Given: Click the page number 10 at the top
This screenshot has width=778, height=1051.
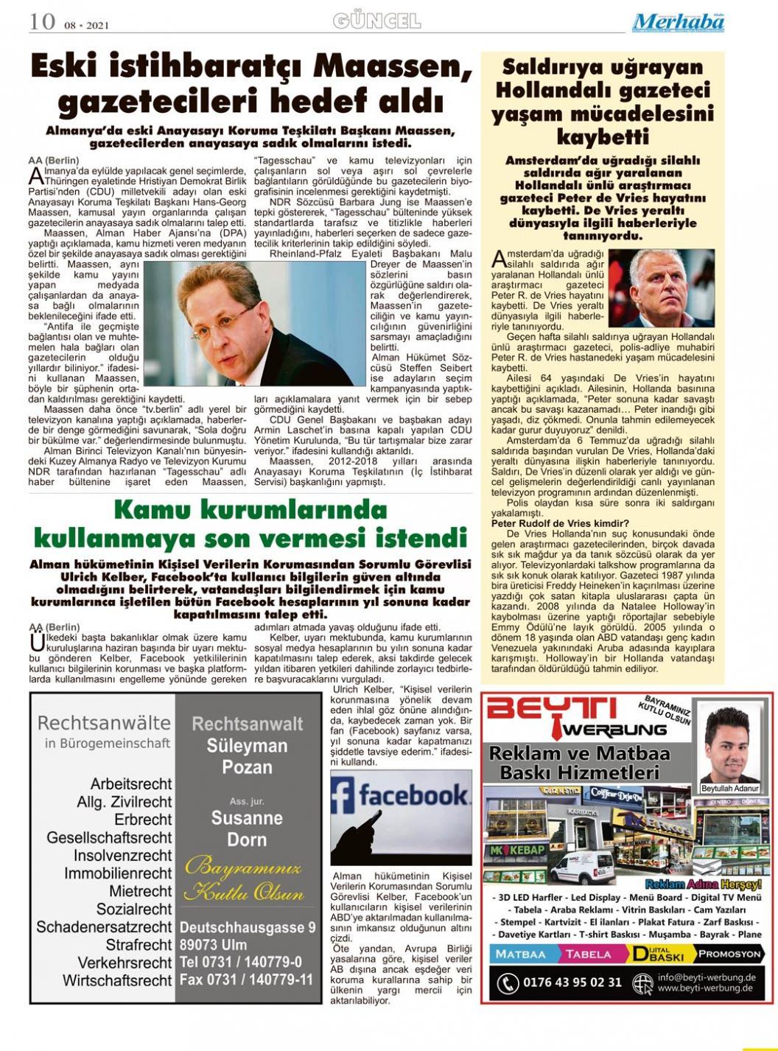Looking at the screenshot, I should pos(42,21).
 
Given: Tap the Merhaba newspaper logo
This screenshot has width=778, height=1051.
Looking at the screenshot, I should pos(678,22).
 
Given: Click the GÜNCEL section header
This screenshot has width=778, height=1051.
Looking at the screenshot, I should pos(376,21).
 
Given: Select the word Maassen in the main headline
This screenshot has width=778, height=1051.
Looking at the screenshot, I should pos(392,68).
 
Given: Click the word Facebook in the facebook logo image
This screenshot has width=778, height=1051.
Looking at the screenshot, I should pos(413,795).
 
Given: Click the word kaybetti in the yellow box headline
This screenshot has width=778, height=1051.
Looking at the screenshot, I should pos(602,138).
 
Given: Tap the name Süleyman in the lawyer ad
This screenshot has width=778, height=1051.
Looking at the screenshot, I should pos(247,745).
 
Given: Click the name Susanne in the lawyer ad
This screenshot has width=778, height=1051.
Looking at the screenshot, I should pos(247,818).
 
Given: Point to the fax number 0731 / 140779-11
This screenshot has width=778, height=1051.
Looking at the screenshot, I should pos(246,980).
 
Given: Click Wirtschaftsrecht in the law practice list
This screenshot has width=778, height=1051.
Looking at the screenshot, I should pos(117,981).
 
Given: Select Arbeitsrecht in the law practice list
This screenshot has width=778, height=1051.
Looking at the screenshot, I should pos(131,783).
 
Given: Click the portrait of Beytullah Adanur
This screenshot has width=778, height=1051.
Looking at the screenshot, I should pos(729,746).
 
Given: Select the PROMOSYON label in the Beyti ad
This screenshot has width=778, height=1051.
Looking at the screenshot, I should pos(729,954).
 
